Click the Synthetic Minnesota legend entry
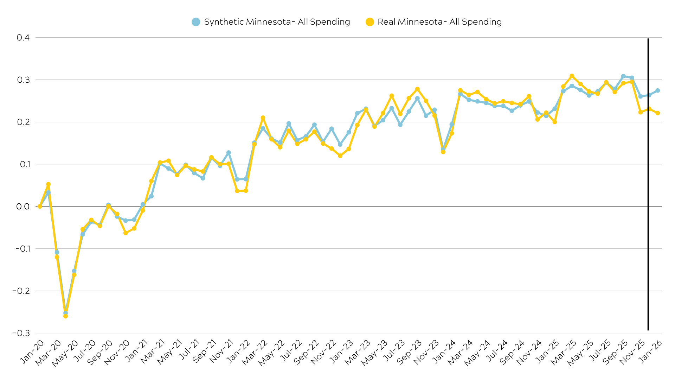(x=271, y=22)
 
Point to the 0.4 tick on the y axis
(x=23, y=38)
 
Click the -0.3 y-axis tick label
(x=21, y=333)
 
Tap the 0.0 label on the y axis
(x=23, y=207)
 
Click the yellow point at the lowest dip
(x=65, y=316)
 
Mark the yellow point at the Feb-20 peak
(x=49, y=184)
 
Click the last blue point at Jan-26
(x=657, y=90)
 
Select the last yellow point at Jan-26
(x=657, y=113)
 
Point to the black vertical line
(x=648, y=183)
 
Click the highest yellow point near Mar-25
(x=572, y=76)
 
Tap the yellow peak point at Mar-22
(x=263, y=118)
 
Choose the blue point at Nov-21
(x=229, y=153)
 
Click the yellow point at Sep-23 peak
(x=417, y=89)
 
